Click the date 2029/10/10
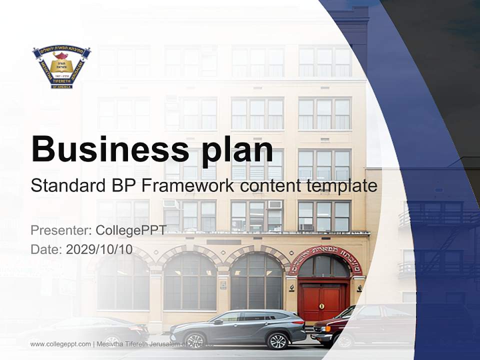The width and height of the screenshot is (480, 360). pyautogui.click(x=99, y=249)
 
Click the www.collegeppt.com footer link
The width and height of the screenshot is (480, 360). pyautogui.click(x=60, y=344)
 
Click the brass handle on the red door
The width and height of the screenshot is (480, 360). pyautogui.click(x=321, y=305)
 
